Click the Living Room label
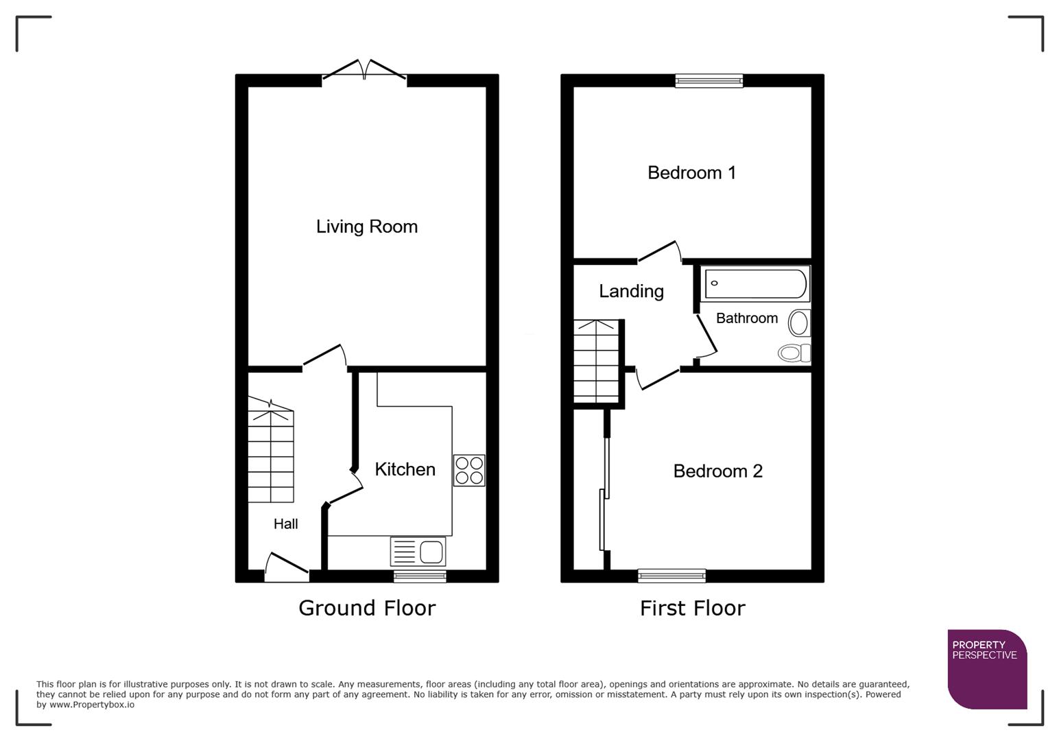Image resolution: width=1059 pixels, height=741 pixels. click(x=366, y=226)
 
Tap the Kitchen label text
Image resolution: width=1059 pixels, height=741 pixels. click(x=405, y=469)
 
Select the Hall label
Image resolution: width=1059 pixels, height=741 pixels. click(x=285, y=524)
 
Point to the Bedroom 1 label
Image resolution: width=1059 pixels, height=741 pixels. click(x=691, y=172)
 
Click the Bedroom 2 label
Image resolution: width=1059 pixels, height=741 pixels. click(x=717, y=471)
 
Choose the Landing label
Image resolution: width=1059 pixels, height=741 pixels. click(x=631, y=291)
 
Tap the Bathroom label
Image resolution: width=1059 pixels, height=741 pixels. click(x=746, y=318)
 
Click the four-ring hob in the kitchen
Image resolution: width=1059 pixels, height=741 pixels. click(x=469, y=471)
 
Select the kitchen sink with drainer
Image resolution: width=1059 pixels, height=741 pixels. click(x=418, y=551)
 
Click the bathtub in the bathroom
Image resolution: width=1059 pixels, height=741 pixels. click(x=756, y=283)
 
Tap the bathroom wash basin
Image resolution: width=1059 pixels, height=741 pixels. click(x=799, y=322)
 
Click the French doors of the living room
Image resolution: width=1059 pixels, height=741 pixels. click(x=364, y=71)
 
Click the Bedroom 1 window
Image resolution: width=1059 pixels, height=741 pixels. click(x=709, y=81)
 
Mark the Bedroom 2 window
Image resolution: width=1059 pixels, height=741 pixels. click(x=671, y=576)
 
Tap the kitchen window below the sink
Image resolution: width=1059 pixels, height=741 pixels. click(x=420, y=576)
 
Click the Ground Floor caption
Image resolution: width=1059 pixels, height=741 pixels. click(x=367, y=608)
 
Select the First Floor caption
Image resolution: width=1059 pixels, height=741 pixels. click(x=692, y=608)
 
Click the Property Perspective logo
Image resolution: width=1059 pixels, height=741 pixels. click(x=987, y=669)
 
